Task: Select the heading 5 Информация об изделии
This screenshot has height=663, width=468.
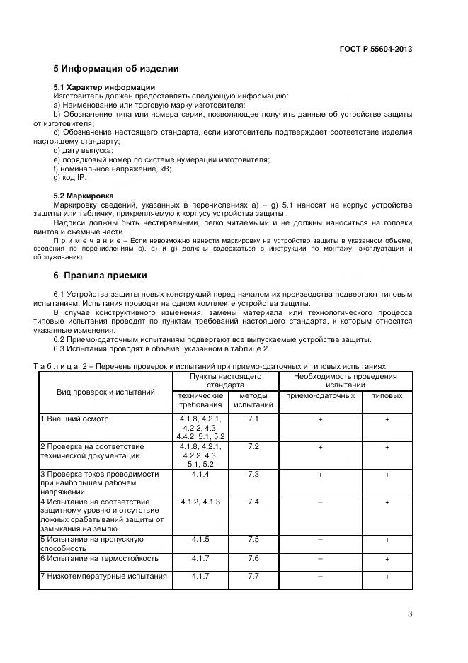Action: point(116,69)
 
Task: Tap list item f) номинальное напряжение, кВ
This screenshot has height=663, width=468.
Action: point(112,169)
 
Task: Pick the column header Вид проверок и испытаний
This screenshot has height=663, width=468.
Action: point(105,392)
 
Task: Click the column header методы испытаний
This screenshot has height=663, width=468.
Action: point(253,400)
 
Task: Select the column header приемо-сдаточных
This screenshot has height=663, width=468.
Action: point(320,396)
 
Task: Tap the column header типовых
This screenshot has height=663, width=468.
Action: point(387,396)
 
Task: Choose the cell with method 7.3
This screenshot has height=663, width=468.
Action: point(253,474)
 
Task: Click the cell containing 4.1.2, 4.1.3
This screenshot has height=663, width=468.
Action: point(200,501)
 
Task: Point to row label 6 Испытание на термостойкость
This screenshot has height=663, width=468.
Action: point(100,558)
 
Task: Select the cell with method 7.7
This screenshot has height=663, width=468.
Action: point(253,576)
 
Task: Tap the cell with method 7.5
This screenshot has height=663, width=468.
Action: point(253,539)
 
